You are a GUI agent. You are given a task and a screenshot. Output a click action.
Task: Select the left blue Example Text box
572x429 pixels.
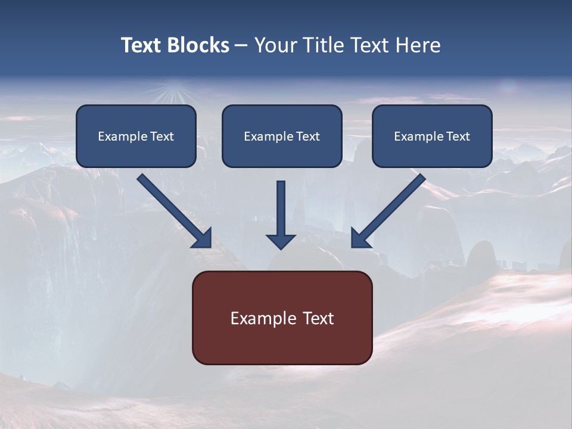coord(136,136)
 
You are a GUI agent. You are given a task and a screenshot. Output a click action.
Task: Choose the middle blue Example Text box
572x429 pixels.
coord(282,136)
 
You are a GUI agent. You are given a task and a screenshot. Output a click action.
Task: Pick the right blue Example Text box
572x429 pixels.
coord(432,136)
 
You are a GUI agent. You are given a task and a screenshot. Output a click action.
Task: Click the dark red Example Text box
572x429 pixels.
coord(282,318)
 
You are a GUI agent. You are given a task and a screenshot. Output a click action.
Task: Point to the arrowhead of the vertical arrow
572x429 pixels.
coord(281,241)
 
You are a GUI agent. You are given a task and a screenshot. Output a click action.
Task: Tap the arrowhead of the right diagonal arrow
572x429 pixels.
coord(359,238)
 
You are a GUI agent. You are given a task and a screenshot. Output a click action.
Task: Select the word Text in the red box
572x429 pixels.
coord(318,318)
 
